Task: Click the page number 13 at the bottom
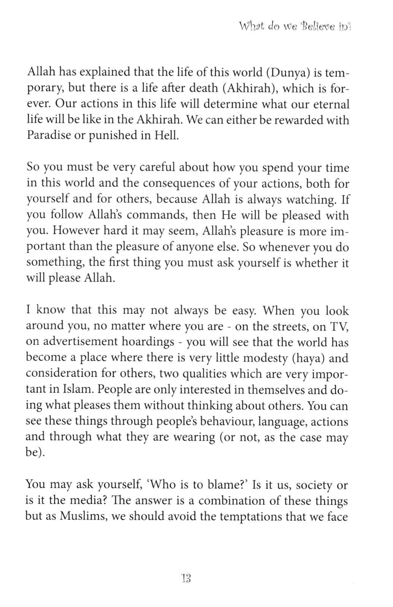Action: [185, 578]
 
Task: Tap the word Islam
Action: [68, 390]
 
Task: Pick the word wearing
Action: [194, 437]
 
